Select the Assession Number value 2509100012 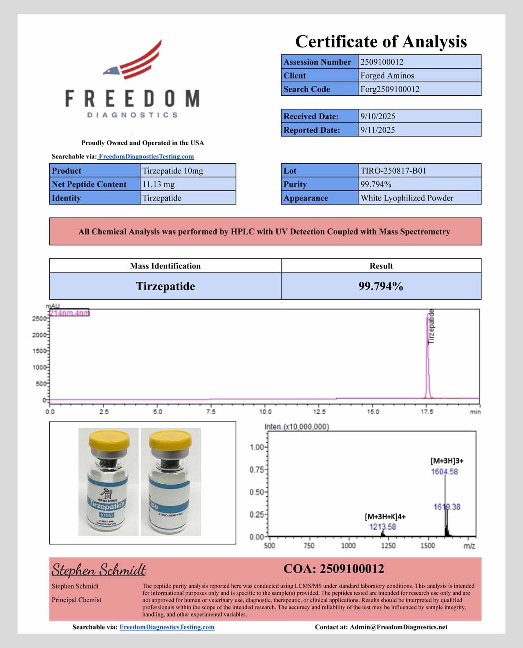point(382,62)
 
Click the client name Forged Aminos point(387,76)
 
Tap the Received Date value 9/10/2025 point(378,116)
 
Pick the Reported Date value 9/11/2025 point(378,130)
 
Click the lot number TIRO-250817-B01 point(393,171)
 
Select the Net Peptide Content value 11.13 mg point(159,184)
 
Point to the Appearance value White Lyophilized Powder point(407,198)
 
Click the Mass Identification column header point(165,266)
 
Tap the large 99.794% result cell point(381,286)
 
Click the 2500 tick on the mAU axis point(39,319)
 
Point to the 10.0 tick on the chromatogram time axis point(265,412)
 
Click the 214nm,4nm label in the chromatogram point(69,313)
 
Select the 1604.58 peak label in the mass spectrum point(444,471)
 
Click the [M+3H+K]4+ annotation point(385,516)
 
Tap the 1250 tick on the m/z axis point(388,546)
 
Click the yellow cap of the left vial point(109,439)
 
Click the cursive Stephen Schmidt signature point(98,569)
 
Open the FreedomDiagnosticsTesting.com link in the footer point(167,627)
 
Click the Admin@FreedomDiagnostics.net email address point(398,627)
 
